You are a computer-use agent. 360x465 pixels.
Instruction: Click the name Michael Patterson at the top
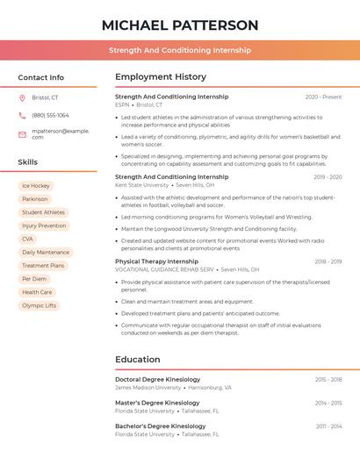tap(180, 25)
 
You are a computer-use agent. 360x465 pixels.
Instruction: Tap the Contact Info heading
tap(41, 77)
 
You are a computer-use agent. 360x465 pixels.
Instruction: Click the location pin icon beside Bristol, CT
tap(23, 97)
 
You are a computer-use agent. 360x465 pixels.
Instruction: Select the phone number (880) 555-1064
tap(50, 115)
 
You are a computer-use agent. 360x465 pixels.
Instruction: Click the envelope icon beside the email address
tap(23, 133)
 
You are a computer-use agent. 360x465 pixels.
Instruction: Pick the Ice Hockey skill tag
tap(36, 186)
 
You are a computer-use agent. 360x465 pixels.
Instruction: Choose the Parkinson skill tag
tap(35, 199)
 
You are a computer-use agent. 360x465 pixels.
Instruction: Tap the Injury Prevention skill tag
tap(44, 225)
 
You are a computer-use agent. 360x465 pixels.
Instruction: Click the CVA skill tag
tap(28, 239)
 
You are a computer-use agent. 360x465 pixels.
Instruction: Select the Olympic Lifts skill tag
tap(39, 305)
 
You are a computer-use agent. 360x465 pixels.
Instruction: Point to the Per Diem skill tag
tap(34, 279)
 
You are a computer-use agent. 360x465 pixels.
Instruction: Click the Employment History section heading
tap(161, 77)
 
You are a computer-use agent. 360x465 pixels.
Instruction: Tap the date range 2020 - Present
tap(323, 97)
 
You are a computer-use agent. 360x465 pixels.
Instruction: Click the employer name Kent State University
tap(141, 185)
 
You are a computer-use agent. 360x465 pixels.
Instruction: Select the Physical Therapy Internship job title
tap(156, 261)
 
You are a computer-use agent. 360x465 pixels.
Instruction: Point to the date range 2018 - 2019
tap(328, 261)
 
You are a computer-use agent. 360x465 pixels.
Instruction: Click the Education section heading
tap(138, 359)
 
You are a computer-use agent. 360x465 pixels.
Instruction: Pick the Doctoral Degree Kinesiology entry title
tap(158, 379)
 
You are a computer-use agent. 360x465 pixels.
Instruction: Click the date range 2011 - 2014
tap(328, 426)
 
